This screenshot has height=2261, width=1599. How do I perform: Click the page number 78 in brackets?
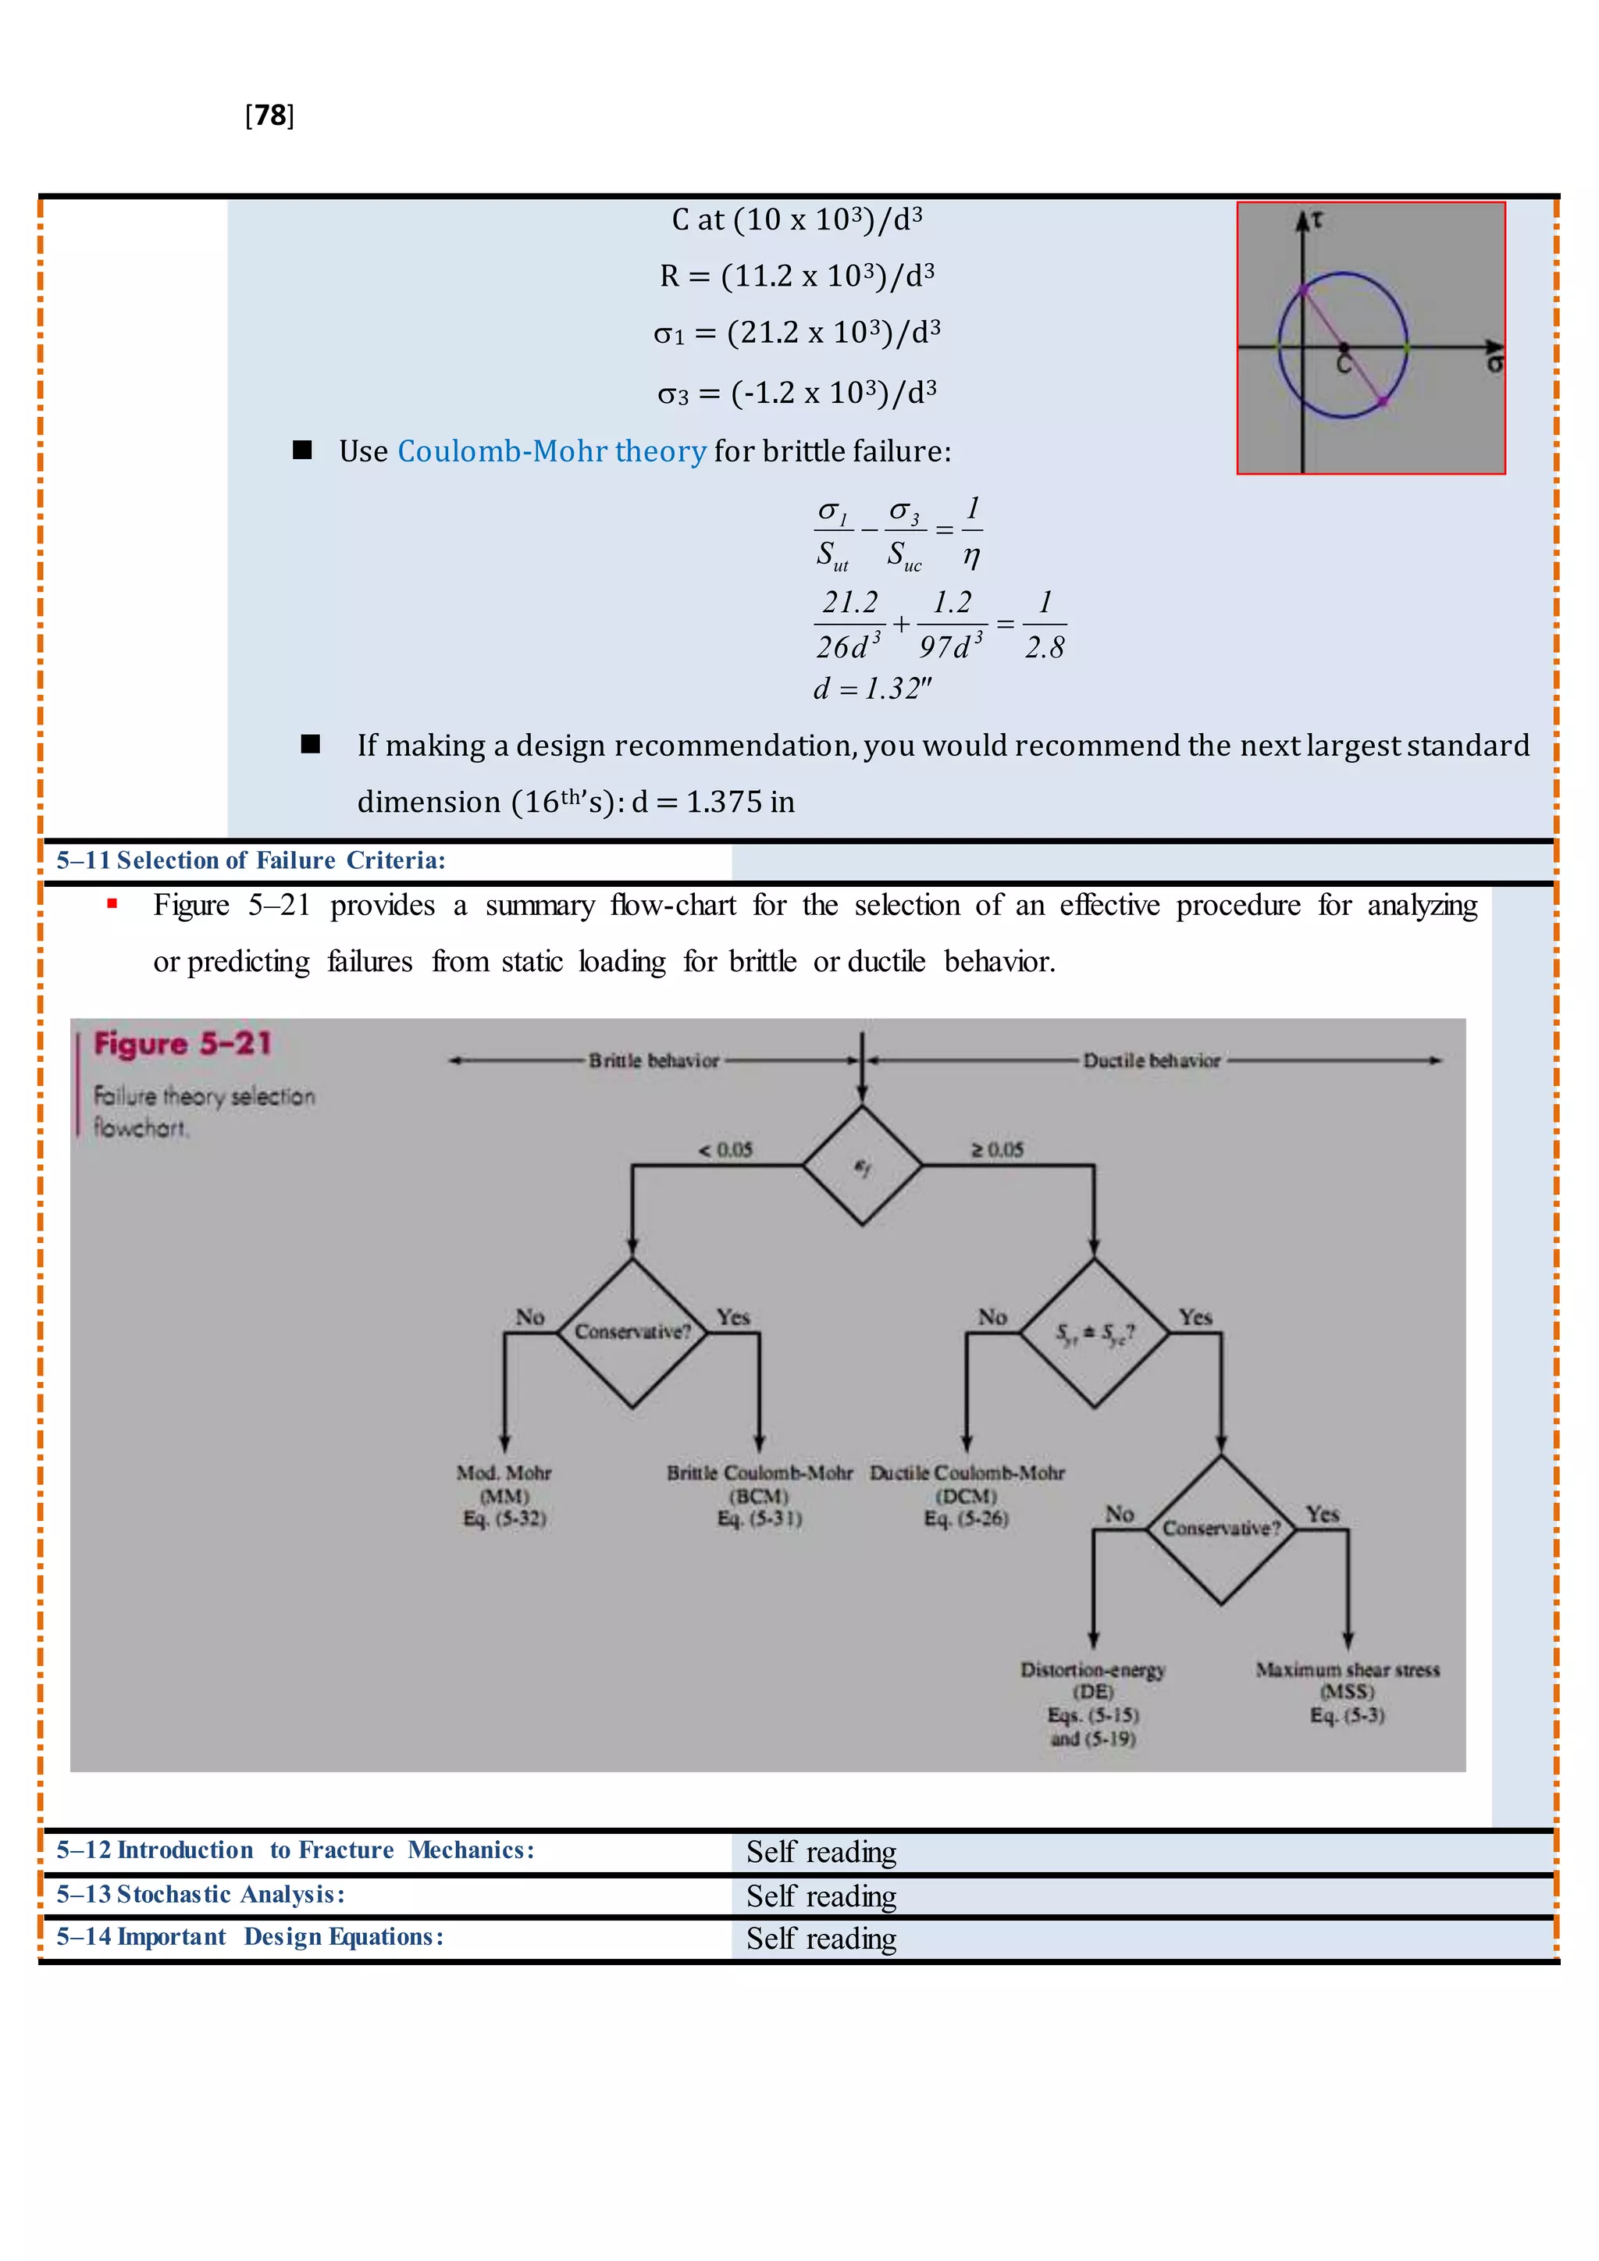point(269,116)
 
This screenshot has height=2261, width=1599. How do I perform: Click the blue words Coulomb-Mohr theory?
point(551,451)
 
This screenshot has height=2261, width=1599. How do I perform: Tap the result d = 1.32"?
point(872,689)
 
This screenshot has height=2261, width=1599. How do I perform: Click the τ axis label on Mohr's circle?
point(1317,222)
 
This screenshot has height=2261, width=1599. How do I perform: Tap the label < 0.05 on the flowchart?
point(725,1149)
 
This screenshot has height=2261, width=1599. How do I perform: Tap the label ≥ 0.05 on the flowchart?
point(997,1149)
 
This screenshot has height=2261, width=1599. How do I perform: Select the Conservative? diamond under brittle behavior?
point(632,1333)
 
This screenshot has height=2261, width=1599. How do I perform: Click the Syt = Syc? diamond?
point(1094,1333)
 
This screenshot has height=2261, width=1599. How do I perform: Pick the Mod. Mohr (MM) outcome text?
point(504,1495)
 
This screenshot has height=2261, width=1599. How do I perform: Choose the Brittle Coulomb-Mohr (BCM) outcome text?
point(759,1495)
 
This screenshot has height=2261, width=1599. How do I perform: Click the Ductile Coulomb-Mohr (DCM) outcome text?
point(967,1495)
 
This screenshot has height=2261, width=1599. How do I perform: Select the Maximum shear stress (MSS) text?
point(1347,1692)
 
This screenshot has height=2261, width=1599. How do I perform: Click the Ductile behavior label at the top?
point(1151,1060)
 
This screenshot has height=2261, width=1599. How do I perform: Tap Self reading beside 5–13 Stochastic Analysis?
point(821,1896)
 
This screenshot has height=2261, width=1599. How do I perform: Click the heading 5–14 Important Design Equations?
point(250,1937)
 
